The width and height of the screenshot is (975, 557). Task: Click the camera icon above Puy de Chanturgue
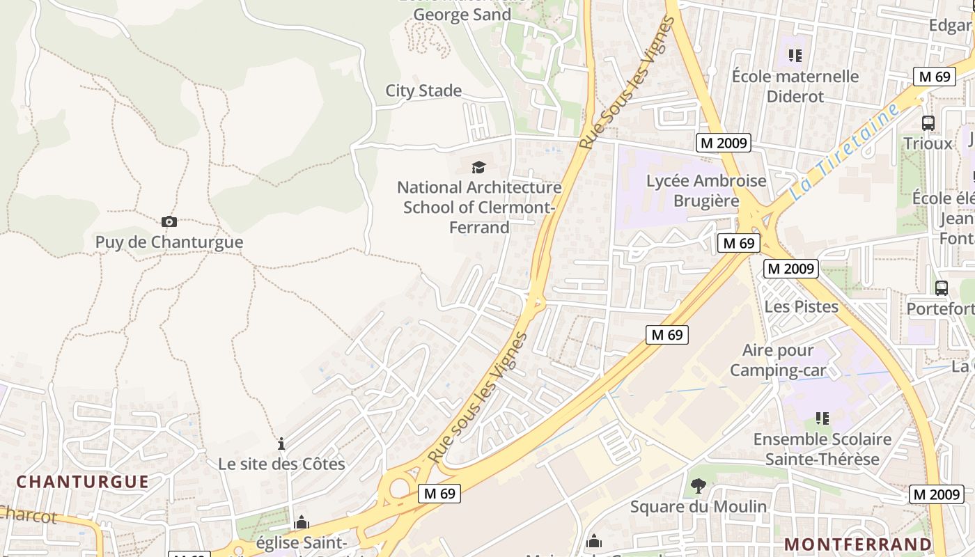tap(169, 222)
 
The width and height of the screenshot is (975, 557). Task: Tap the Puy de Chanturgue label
tap(169, 242)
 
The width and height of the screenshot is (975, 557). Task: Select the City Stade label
tap(423, 91)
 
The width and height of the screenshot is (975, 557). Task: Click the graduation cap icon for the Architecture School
tap(478, 167)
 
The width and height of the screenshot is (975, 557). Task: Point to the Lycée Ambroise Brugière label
tap(706, 191)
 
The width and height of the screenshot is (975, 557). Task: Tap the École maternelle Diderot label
tap(795, 86)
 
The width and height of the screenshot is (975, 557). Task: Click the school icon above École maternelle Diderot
tap(795, 55)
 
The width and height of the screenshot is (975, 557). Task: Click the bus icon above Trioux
tap(928, 123)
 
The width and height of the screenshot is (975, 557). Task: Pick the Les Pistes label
tap(801, 306)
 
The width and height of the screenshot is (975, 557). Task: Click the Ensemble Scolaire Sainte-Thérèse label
tap(822, 449)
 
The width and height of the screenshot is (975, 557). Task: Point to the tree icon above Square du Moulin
tap(698, 485)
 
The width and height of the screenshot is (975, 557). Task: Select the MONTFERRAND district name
tap(858, 544)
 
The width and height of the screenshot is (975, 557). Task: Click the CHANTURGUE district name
tap(83, 481)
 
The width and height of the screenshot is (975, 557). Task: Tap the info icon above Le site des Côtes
tap(281, 444)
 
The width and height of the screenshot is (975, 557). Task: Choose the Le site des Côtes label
tap(281, 464)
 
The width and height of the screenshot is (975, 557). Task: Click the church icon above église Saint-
tap(301, 522)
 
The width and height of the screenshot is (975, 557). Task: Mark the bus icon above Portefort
tap(941, 288)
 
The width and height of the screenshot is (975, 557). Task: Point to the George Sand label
tap(462, 15)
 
